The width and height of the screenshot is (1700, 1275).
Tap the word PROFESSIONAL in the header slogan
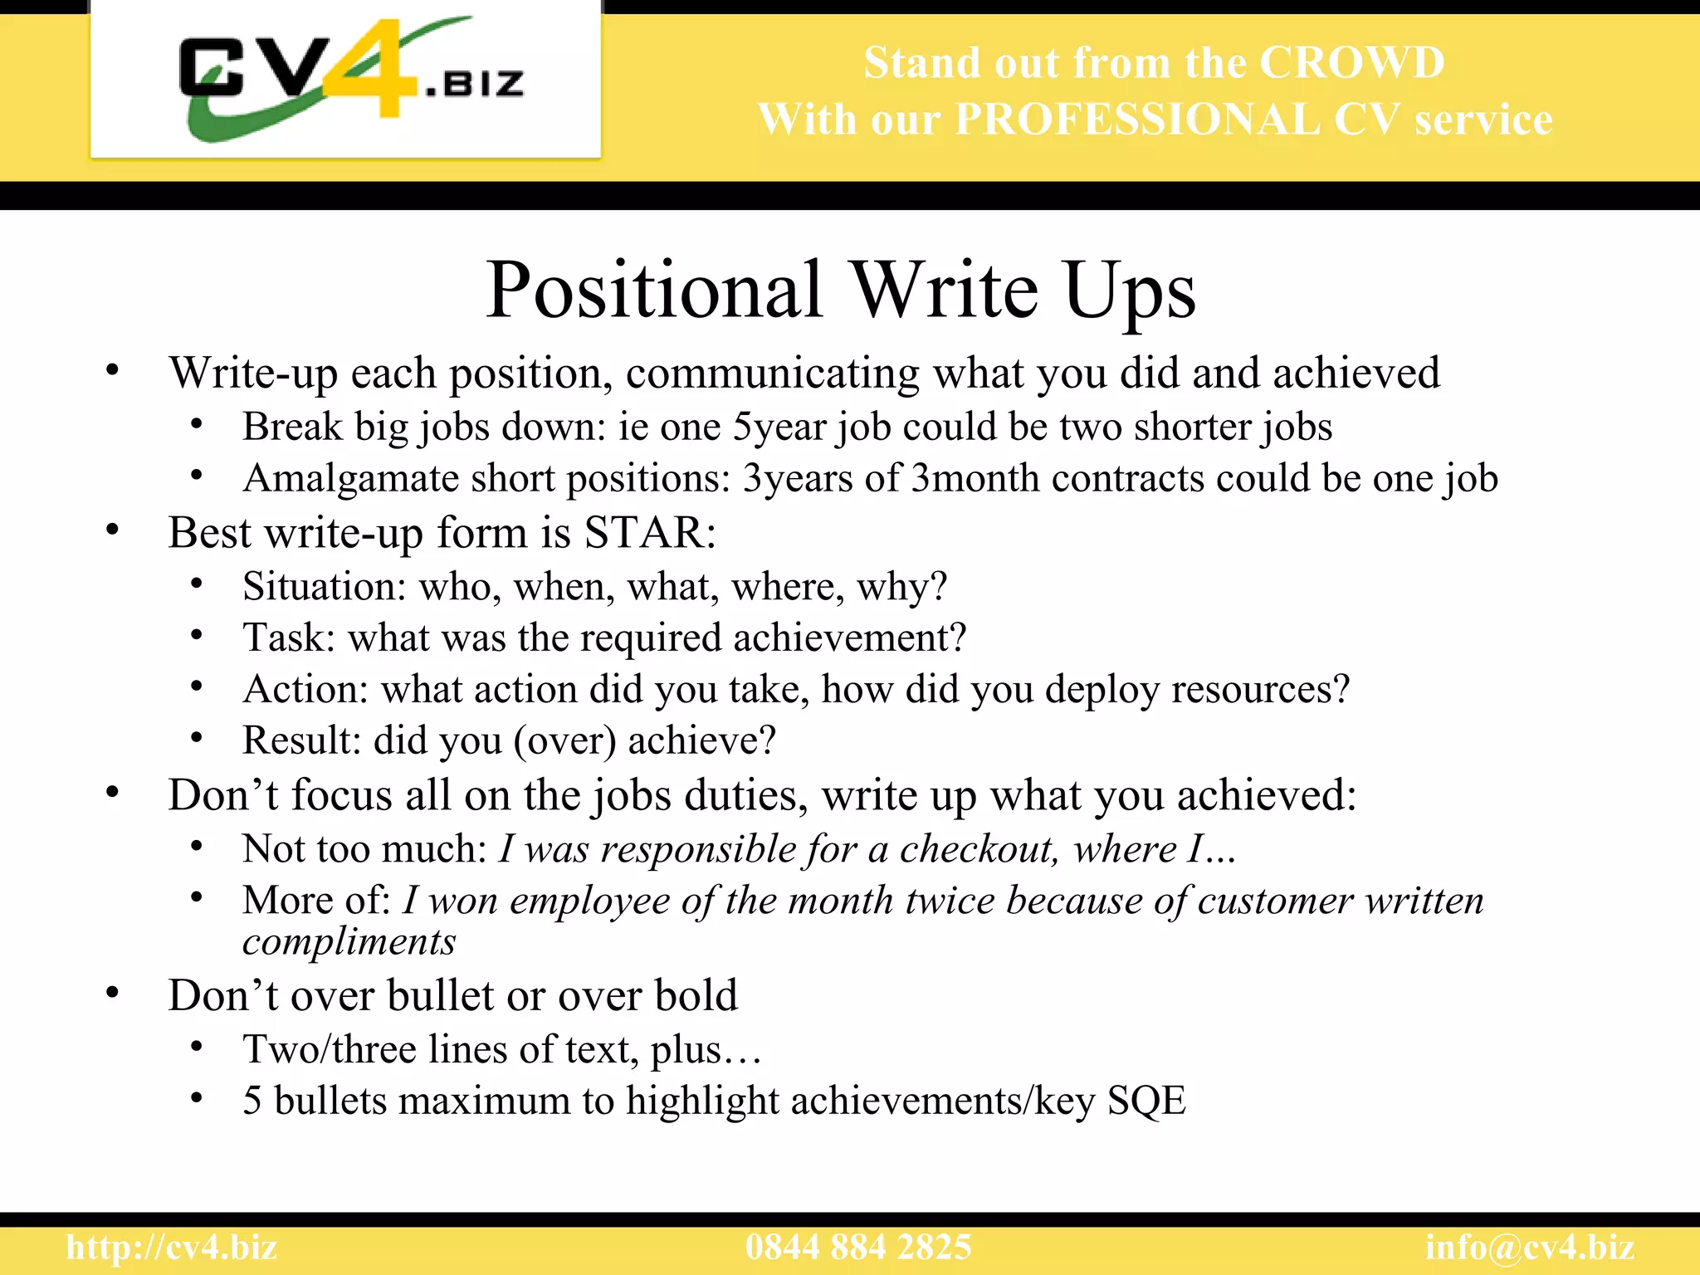[1137, 120]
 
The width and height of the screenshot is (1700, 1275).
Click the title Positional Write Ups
[840, 290]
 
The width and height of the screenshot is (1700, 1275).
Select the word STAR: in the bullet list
[650, 533]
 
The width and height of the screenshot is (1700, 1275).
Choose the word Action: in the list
[305, 690]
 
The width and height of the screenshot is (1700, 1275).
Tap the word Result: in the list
[301, 740]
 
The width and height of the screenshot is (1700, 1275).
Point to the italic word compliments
[349, 942]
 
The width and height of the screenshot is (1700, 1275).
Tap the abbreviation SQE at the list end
[1146, 1102]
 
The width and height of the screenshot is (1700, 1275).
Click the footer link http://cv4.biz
[172, 1248]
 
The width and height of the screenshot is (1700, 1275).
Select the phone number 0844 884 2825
[858, 1248]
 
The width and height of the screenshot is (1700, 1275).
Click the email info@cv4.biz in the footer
[1530, 1248]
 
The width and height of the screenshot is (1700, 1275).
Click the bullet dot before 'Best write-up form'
[113, 530]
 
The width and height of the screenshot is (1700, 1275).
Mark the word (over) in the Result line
[564, 741]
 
